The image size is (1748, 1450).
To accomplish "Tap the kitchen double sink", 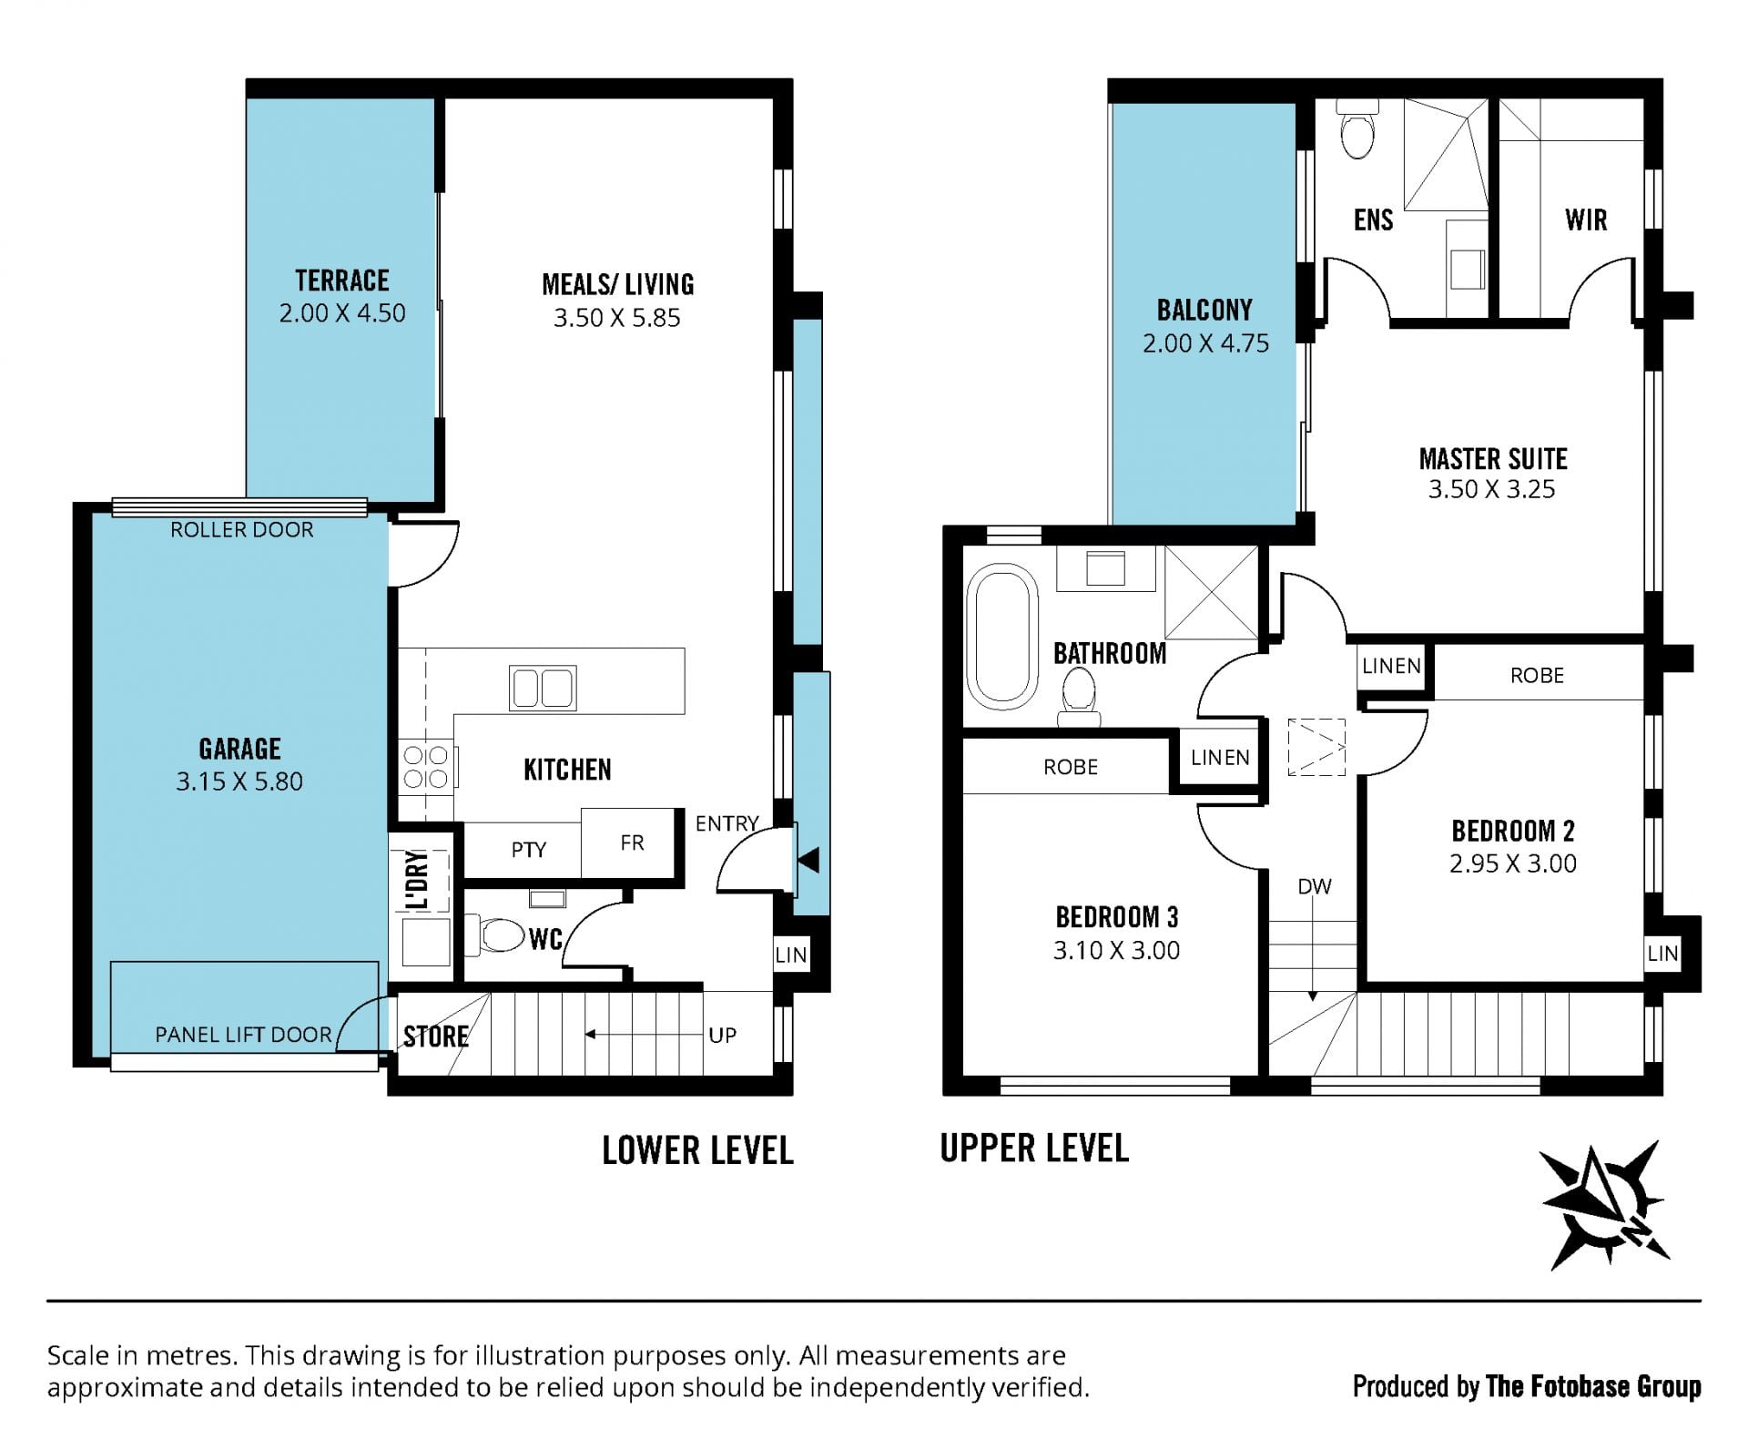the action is point(543,688).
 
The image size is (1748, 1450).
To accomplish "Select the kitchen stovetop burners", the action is point(426,766).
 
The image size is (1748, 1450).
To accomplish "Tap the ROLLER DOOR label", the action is point(242,530).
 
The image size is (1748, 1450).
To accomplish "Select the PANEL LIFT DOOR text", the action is point(243,1035).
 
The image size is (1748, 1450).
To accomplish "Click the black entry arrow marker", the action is point(808,860).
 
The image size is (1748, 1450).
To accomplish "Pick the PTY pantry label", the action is point(529,850).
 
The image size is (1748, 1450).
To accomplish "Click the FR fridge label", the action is point(632,842).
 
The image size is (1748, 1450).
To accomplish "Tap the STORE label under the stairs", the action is point(436,1036).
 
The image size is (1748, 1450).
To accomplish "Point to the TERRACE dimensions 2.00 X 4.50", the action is point(342,313).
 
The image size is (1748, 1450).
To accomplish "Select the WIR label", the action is point(1586,220).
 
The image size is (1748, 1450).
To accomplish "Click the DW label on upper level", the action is point(1315,886).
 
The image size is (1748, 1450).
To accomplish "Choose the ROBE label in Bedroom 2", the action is point(1537,676).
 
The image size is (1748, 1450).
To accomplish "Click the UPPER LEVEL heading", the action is point(1034,1149).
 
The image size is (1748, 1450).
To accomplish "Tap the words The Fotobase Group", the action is point(1593,1386).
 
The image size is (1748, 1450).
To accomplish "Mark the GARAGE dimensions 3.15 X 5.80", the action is point(239,781).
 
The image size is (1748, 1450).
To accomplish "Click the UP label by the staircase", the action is point(722,1036).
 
